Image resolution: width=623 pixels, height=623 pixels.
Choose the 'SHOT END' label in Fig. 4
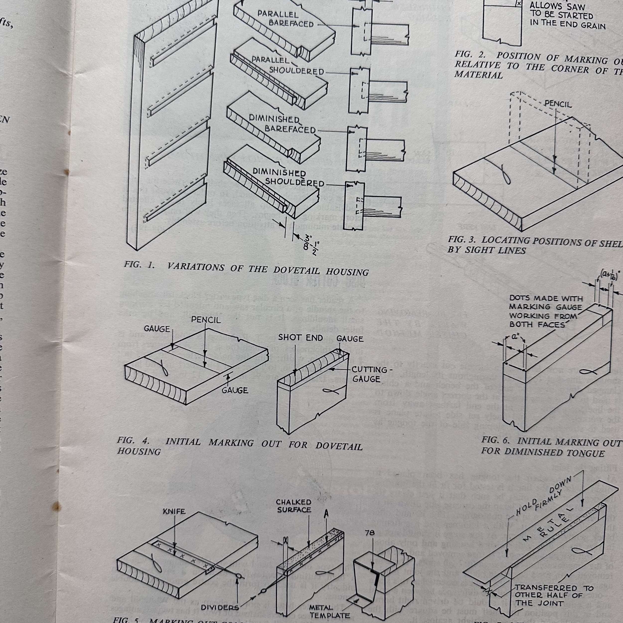click(x=301, y=338)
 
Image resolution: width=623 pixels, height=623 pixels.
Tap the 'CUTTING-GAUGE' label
click(x=369, y=374)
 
